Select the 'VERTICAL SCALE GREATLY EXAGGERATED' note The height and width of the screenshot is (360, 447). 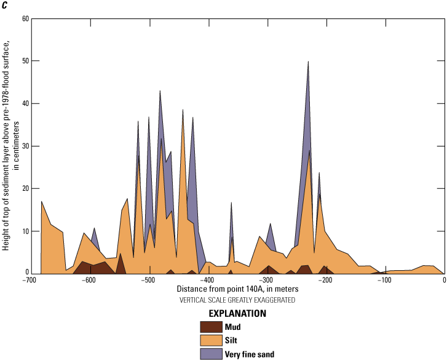(237, 300)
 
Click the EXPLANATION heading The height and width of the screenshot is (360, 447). (237, 313)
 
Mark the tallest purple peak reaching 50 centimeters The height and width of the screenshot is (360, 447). (308, 62)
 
